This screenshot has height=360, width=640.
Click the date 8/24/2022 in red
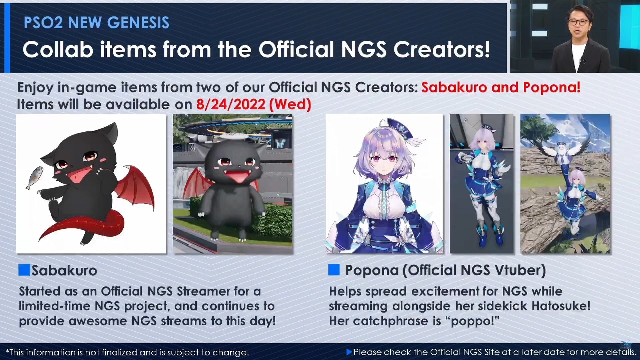coord(231,104)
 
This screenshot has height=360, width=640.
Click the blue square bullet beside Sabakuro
coord(24,270)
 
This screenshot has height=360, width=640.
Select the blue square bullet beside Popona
coord(334,270)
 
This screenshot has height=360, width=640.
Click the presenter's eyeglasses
coord(577,22)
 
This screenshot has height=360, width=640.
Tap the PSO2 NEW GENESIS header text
coord(96,23)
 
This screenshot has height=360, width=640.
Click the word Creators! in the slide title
coord(441,50)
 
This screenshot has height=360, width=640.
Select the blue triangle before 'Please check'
coord(349,352)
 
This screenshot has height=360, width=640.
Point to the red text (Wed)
coord(290,104)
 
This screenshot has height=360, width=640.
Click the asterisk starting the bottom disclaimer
coord(7,351)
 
